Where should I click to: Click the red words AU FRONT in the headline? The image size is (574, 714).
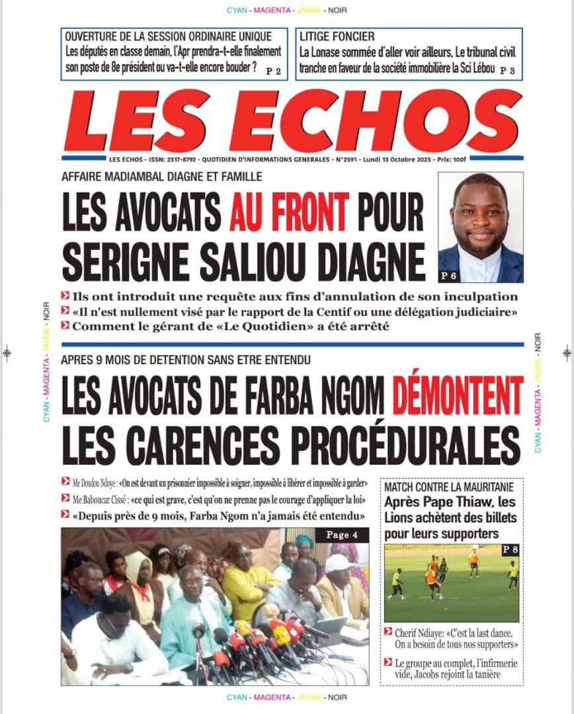[289, 211]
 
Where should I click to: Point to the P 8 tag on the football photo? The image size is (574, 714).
[509, 549]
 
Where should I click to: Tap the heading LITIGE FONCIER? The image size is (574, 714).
[337, 36]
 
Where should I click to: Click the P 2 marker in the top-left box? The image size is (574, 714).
[274, 70]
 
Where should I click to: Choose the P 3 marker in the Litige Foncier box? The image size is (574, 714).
[507, 70]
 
